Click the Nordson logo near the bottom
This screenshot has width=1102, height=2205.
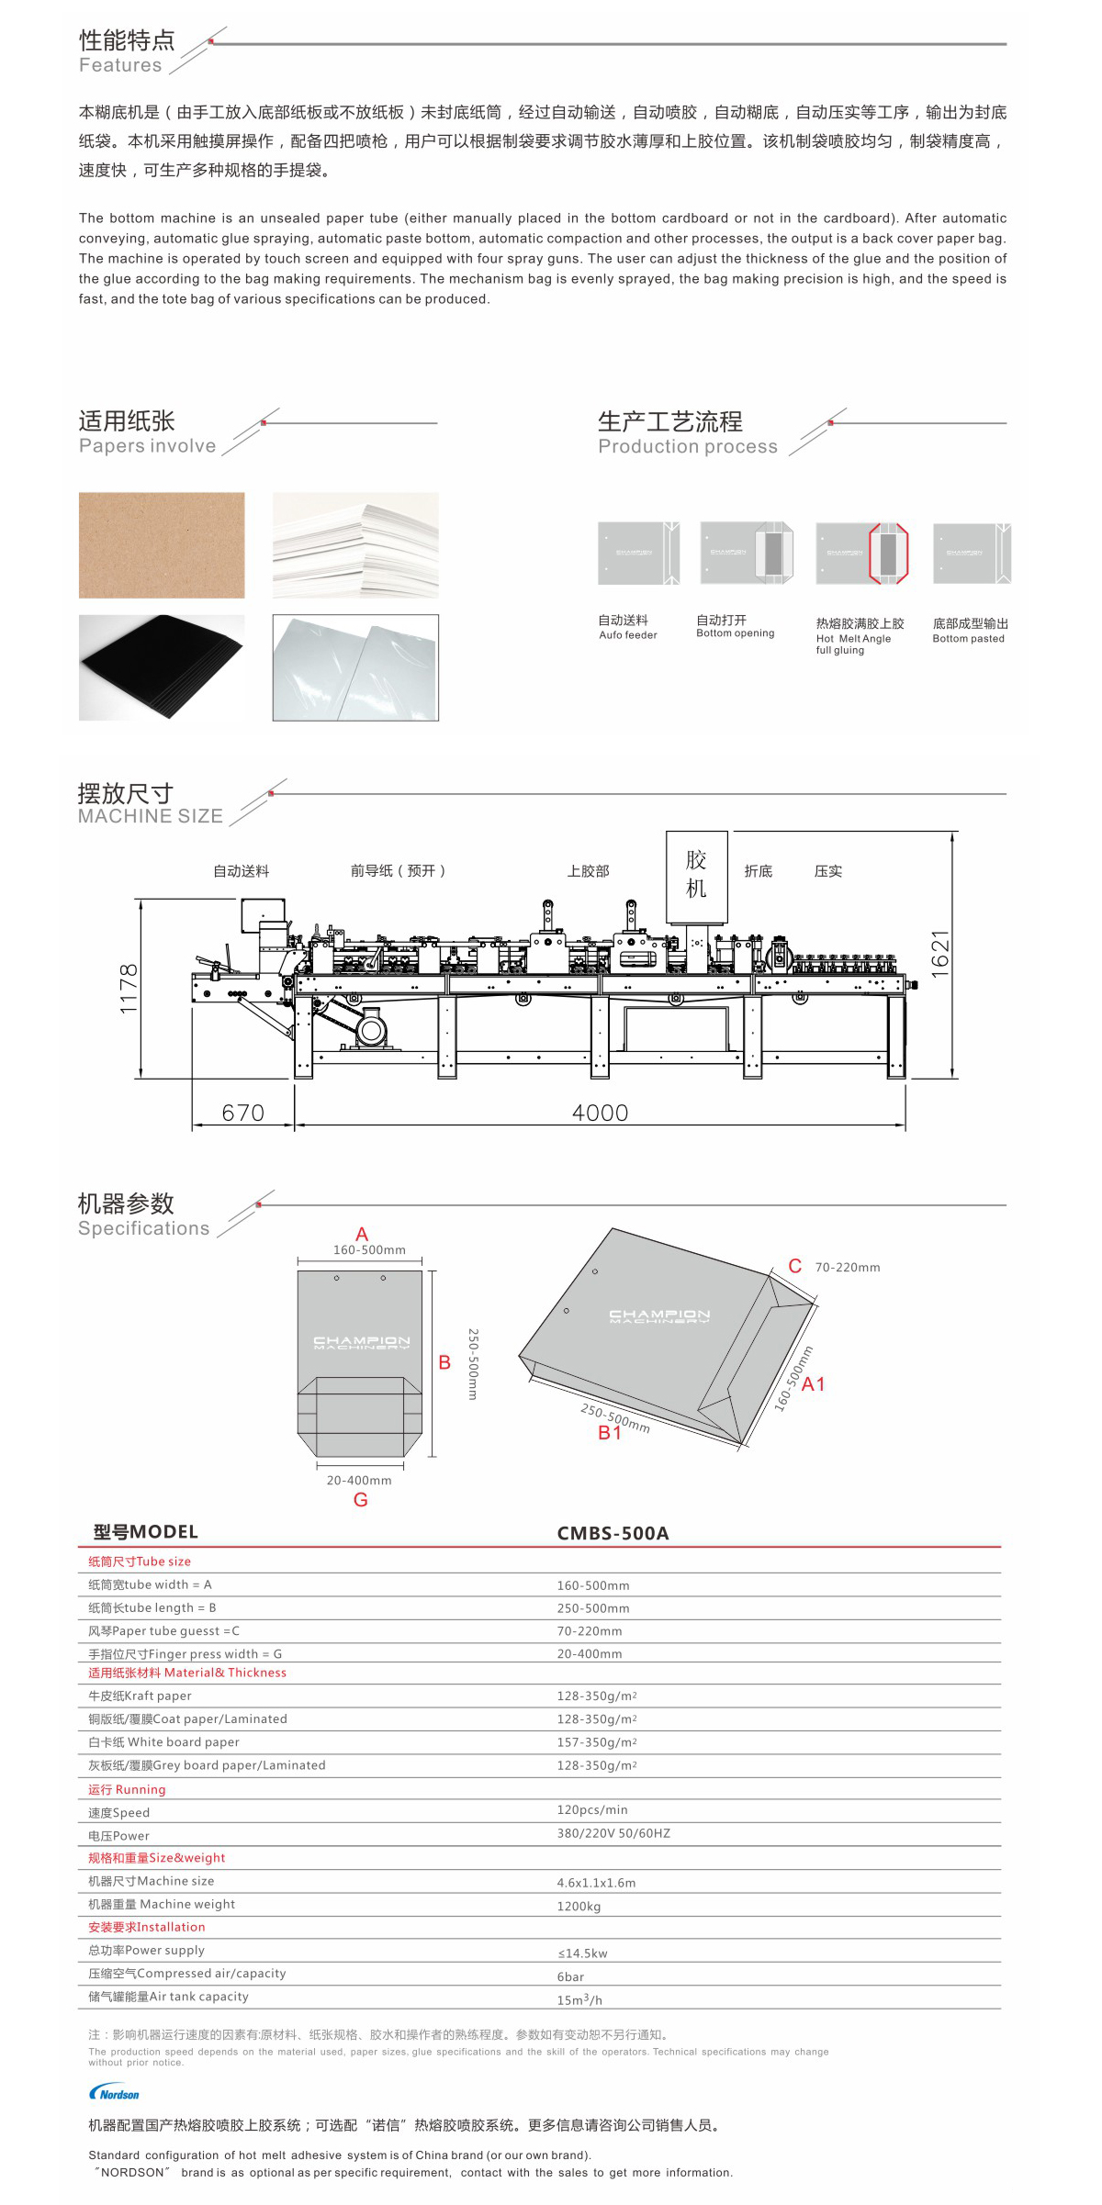[x=114, y=2093]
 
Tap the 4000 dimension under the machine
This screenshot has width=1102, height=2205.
[x=600, y=1113]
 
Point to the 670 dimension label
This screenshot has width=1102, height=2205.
[x=243, y=1113]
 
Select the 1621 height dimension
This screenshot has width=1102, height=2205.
[x=939, y=954]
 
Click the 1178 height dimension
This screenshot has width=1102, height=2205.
[x=129, y=989]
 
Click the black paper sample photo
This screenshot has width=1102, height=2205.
[x=162, y=667]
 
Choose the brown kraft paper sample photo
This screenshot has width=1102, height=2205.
[x=162, y=545]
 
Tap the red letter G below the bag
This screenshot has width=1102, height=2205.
[x=360, y=1500]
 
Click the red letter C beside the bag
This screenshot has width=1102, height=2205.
[x=795, y=1266]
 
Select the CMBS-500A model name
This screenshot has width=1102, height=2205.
[x=613, y=1533]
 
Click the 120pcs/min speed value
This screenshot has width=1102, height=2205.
[x=592, y=1809]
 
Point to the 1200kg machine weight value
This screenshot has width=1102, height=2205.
[x=579, y=1907]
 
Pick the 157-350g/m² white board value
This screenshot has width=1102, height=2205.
[x=596, y=1742]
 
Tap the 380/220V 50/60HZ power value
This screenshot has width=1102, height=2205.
[x=613, y=1833]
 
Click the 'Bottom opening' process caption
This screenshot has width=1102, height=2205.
[x=735, y=633]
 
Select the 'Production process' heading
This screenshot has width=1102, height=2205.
[x=688, y=446]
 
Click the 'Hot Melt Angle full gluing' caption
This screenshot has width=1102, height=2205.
[x=853, y=644]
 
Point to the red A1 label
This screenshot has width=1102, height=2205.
[x=814, y=1384]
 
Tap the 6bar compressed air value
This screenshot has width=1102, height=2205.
[x=570, y=1976]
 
